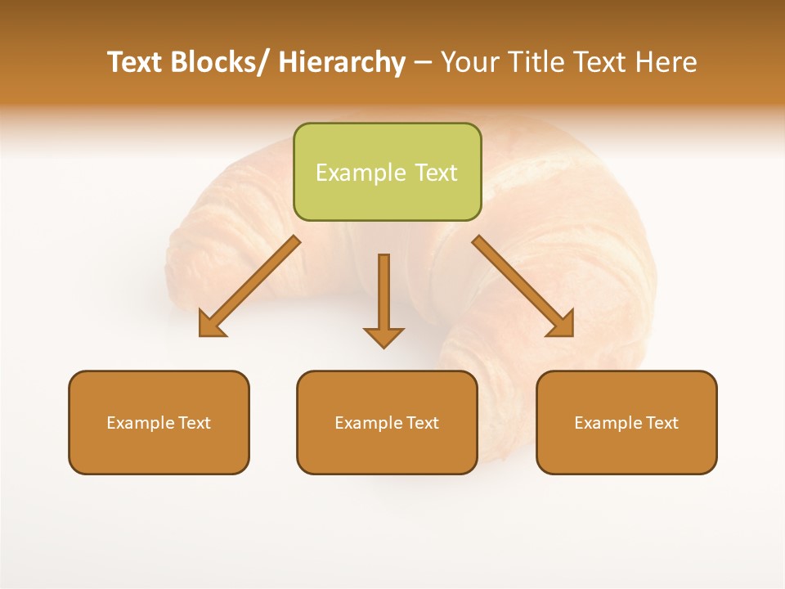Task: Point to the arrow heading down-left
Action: point(249,286)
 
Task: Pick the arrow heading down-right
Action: point(523,286)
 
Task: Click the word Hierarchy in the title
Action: point(342,62)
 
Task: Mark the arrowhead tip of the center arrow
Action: point(384,345)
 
